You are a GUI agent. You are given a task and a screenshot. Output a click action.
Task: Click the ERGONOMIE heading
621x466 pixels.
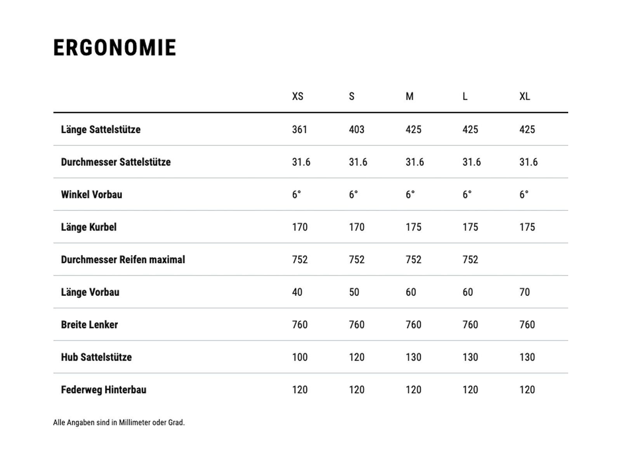pyautogui.click(x=115, y=48)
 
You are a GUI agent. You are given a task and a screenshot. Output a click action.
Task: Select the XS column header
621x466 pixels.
pyautogui.click(x=298, y=96)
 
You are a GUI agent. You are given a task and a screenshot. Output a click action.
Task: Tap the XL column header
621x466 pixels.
pyautogui.click(x=525, y=96)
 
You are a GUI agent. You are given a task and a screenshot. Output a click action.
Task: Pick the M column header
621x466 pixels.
pyautogui.click(x=409, y=96)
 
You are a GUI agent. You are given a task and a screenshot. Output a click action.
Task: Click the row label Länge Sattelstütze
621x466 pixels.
pyautogui.click(x=101, y=129)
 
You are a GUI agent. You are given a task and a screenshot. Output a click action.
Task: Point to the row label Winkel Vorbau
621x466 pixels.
pyautogui.click(x=92, y=195)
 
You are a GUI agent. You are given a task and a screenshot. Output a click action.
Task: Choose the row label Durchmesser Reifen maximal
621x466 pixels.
pyautogui.click(x=123, y=259)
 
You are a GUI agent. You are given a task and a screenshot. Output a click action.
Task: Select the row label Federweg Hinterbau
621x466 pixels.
pyautogui.click(x=104, y=389)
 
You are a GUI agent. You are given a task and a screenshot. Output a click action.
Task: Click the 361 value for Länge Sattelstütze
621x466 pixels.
pyautogui.click(x=300, y=129)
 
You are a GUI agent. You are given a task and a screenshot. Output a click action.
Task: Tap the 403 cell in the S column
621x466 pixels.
pyautogui.click(x=356, y=129)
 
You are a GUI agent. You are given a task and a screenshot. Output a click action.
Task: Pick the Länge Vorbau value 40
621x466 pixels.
pyautogui.click(x=297, y=292)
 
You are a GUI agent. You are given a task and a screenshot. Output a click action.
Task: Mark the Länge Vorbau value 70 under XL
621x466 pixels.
pyautogui.click(x=525, y=292)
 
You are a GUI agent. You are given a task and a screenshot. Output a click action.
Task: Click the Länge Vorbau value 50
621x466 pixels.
pyautogui.click(x=354, y=292)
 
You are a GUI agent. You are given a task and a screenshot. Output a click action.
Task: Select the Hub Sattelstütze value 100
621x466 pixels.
pyautogui.click(x=300, y=357)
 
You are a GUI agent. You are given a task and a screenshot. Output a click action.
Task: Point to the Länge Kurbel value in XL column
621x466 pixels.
pyautogui.click(x=527, y=227)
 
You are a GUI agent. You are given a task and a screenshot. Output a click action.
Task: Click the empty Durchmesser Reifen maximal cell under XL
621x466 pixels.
pyautogui.click(x=527, y=259)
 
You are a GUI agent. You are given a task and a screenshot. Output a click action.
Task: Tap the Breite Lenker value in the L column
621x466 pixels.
pyautogui.click(x=470, y=325)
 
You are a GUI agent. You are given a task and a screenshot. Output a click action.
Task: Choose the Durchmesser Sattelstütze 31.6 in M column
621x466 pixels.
pyautogui.click(x=415, y=162)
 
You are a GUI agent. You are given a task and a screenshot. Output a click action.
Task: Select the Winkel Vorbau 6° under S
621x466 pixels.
pyautogui.click(x=353, y=195)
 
